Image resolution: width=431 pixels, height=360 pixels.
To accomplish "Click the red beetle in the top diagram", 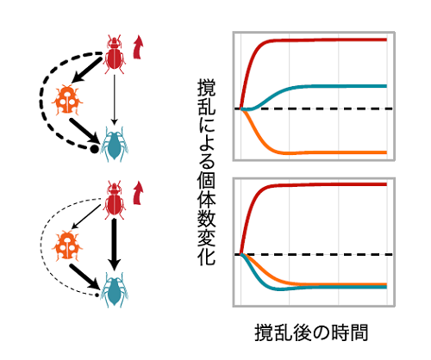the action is coord(115,54).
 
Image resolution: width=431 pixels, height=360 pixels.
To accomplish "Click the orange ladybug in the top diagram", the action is coord(67,99).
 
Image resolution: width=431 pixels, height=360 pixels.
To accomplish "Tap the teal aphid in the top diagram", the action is coord(114,144).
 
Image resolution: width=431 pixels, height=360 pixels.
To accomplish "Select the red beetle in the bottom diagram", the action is coord(115,200).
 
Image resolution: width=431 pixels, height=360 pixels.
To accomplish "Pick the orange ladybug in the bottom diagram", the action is coord(67,245).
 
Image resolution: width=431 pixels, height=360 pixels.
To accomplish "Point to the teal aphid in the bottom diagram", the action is coord(114,290).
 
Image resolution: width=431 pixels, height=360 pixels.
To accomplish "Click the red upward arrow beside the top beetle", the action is coord(138,47).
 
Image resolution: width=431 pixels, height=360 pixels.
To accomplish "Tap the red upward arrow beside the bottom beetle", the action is coord(138,193).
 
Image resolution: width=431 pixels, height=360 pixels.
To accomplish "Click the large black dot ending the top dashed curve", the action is coord(94,149).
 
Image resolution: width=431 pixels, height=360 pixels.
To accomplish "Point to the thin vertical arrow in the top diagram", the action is coord(115,100).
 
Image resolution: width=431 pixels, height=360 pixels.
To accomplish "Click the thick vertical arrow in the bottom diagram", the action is coord(115,245).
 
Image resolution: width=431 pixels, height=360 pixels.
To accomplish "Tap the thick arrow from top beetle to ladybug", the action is coord(86,71).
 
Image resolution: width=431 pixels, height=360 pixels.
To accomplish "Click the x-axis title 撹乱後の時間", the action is coord(311,333).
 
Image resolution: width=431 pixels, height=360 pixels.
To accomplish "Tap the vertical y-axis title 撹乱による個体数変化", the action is coord(206,172).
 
